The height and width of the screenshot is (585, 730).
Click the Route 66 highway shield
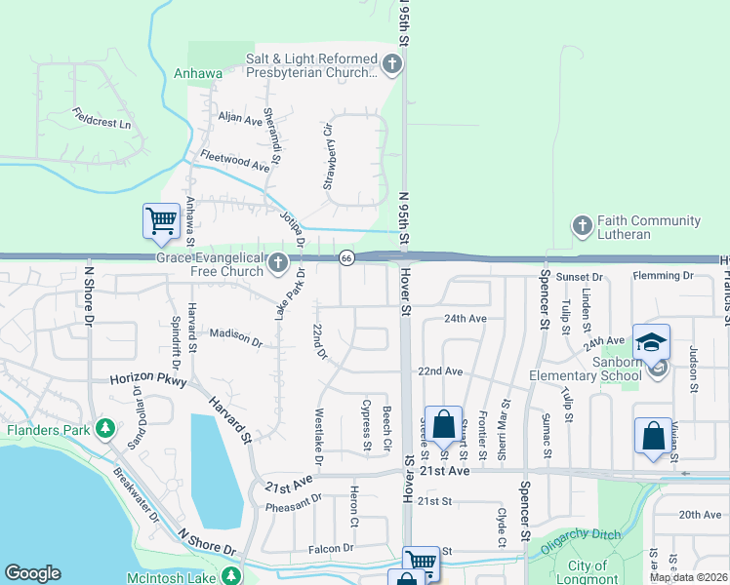(x=346, y=258)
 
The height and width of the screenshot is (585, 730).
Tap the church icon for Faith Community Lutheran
(x=582, y=227)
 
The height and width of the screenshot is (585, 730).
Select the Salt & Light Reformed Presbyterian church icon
(x=392, y=65)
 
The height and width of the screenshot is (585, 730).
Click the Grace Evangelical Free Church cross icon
(x=278, y=262)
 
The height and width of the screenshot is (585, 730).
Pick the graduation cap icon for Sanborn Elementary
(x=651, y=342)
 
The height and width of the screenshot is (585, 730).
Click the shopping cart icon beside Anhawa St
(x=161, y=220)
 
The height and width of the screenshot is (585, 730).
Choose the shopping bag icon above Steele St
(x=443, y=425)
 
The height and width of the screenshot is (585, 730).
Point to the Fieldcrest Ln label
(x=101, y=124)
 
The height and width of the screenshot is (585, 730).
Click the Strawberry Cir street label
(x=329, y=156)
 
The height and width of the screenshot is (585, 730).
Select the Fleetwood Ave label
(x=234, y=161)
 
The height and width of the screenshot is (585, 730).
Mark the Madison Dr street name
(x=236, y=337)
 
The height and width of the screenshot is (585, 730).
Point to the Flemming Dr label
(x=663, y=276)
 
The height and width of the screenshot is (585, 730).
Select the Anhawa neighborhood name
(x=198, y=73)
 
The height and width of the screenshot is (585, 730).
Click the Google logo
(x=32, y=573)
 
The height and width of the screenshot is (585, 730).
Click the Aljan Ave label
(x=241, y=119)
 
